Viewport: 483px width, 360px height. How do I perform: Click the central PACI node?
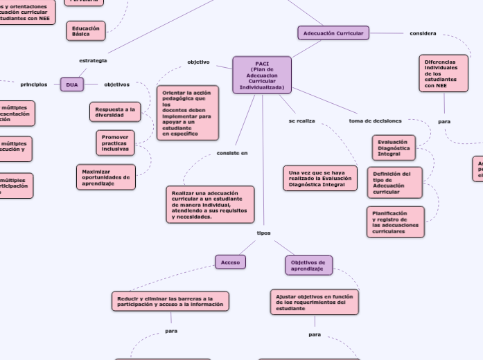tap(262, 75)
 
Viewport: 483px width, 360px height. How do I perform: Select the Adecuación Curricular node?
tap(333, 33)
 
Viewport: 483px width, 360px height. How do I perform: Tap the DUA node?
tap(72, 84)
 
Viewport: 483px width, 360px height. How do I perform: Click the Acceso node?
tap(230, 262)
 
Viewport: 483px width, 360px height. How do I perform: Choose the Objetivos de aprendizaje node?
tap(308, 265)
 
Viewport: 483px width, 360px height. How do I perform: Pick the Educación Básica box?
tap(86, 31)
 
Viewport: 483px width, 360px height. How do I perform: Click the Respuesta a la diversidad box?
tap(115, 112)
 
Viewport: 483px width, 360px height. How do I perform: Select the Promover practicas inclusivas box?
tap(115, 143)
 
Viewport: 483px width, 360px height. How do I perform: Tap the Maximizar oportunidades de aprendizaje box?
tap(105, 177)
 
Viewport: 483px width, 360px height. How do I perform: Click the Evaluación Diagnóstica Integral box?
tap(394, 148)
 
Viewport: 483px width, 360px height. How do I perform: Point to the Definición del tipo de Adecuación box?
tap(394, 182)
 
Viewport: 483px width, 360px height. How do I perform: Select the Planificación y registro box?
tap(395, 222)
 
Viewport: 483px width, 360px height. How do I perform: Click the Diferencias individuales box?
tap(443, 73)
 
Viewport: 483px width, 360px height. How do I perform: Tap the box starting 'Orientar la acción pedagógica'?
tap(187, 113)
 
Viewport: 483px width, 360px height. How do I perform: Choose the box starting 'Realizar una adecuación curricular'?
tap(210, 204)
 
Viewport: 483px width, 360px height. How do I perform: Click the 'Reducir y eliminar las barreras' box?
tap(170, 301)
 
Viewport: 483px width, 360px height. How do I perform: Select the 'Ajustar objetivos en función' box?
tap(314, 303)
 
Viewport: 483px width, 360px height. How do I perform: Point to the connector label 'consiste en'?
tap(232, 153)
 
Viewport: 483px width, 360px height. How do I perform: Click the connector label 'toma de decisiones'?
tap(375, 121)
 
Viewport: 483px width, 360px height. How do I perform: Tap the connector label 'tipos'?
tap(264, 233)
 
